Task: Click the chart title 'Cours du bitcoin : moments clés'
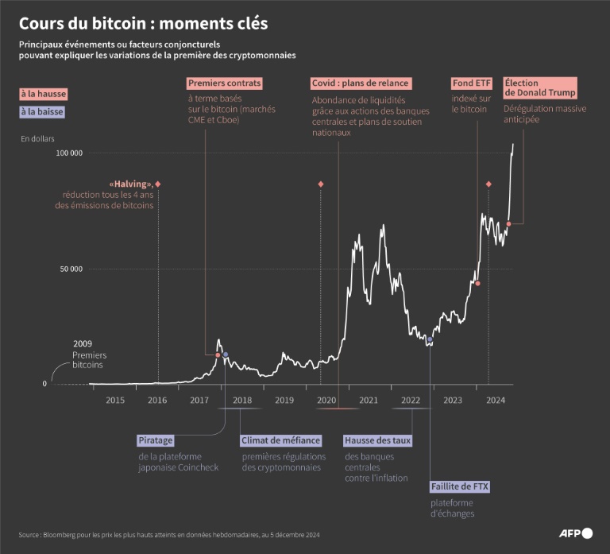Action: pyautogui.click(x=143, y=24)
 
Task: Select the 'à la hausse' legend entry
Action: pyautogui.click(x=44, y=94)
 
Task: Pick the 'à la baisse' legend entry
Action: pyautogui.click(x=42, y=112)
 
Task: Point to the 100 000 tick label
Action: pyautogui.click(x=70, y=153)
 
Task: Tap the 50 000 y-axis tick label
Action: pyautogui.click(x=71, y=269)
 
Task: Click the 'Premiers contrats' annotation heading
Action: pyautogui.click(x=224, y=83)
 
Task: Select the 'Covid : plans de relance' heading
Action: pyautogui.click(x=360, y=83)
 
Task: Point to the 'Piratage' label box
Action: pyautogui.click(x=156, y=440)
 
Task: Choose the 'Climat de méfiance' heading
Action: pyautogui.click(x=281, y=440)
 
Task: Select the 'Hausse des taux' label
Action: pyautogui.click(x=377, y=440)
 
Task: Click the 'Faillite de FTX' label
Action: pyautogui.click(x=460, y=486)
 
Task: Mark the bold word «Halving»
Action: pyautogui.click(x=131, y=184)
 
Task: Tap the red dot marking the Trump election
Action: pyautogui.click(x=508, y=224)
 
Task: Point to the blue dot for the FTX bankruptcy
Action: pyautogui.click(x=430, y=339)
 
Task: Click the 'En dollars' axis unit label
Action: pyautogui.click(x=38, y=139)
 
